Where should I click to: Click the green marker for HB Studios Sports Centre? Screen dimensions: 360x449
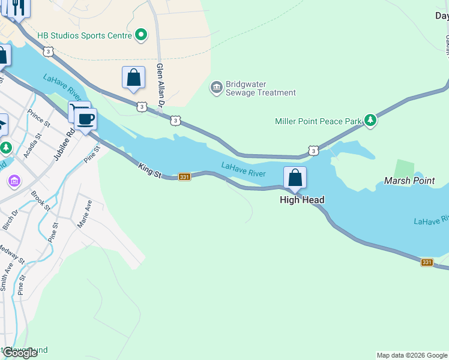[x=141, y=35]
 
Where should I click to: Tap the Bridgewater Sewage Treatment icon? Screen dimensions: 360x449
[x=216, y=88]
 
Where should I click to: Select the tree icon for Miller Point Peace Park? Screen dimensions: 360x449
[x=371, y=121]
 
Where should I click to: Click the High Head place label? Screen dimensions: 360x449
[x=302, y=200]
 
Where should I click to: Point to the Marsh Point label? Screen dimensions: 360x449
[x=410, y=181]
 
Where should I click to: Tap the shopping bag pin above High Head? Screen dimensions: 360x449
[x=295, y=178]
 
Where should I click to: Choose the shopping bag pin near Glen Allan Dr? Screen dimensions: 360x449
[x=133, y=78]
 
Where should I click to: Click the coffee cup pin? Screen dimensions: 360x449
[x=86, y=119]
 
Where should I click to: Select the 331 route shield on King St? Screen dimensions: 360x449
[x=185, y=176]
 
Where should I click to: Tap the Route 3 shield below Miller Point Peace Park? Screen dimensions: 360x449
[x=313, y=150]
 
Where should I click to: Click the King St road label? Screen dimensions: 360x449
[x=149, y=170]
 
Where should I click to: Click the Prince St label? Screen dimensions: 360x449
[x=39, y=118]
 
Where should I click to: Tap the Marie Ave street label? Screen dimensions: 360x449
[x=85, y=214]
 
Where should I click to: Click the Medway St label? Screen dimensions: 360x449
[x=13, y=255]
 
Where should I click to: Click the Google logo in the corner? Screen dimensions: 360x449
[x=20, y=353]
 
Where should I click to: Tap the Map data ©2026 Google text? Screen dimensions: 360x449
[x=411, y=355]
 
